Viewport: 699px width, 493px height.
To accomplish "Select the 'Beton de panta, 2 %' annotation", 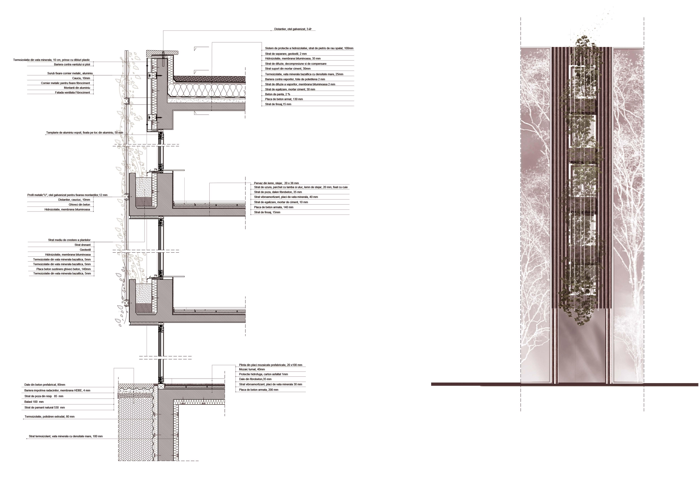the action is coord(277,94).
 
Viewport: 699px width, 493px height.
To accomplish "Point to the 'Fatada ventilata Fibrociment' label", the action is coord(72,92).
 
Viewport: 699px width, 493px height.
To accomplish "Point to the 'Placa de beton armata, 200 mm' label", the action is coord(259,390).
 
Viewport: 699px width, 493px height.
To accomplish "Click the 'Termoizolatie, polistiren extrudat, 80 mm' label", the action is coord(49,417).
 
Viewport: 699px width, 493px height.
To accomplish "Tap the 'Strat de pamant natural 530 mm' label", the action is coord(44,407).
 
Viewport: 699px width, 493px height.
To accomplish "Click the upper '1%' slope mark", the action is coord(155,169).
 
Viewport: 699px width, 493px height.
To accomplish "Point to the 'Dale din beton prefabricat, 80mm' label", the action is coord(45,385).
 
